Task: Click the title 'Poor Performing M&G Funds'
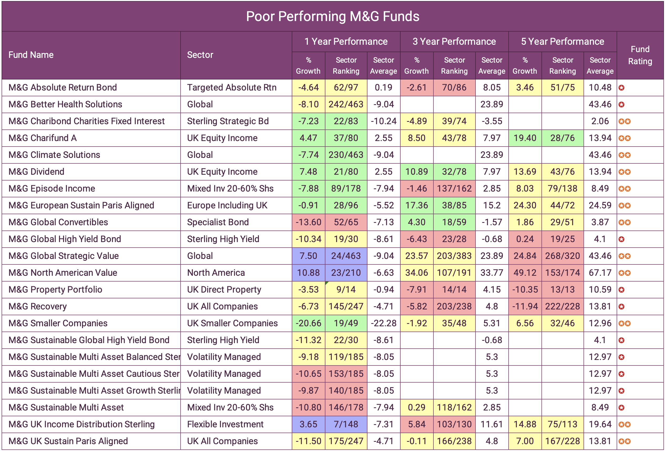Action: (x=332, y=16)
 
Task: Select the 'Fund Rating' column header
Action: (x=640, y=55)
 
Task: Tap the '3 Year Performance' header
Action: (x=454, y=42)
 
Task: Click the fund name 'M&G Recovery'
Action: (x=38, y=306)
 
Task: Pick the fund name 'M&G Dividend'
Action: (x=36, y=172)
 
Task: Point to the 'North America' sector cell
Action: (x=216, y=273)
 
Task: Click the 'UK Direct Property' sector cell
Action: (x=224, y=289)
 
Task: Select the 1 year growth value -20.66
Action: (x=308, y=323)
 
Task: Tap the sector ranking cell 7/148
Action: (x=346, y=424)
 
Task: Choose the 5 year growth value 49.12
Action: (x=525, y=273)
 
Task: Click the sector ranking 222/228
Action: (x=562, y=306)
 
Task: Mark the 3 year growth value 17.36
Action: (x=417, y=205)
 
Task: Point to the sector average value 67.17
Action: (x=600, y=273)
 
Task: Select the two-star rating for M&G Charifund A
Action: (x=624, y=138)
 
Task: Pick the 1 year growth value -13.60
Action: (x=308, y=222)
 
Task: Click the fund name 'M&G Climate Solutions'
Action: (x=54, y=155)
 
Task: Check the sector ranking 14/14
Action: (x=454, y=289)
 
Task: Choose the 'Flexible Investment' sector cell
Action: (x=225, y=424)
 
